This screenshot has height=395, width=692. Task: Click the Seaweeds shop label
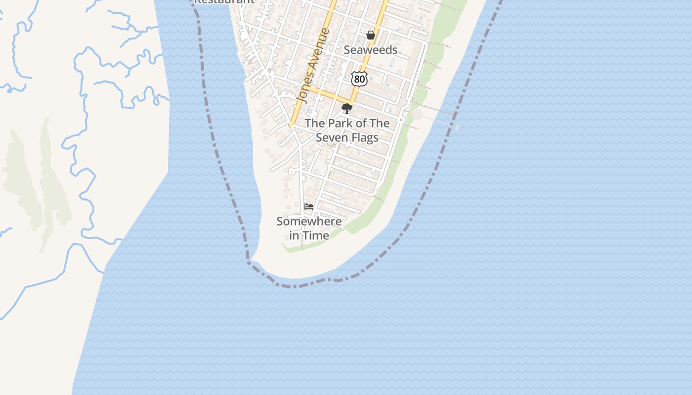pyautogui.click(x=370, y=50)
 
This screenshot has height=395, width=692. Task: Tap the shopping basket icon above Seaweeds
pyautogui.click(x=370, y=35)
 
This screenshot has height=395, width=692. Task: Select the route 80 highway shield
pyautogui.click(x=359, y=79)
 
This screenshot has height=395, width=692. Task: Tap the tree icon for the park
pyautogui.click(x=347, y=109)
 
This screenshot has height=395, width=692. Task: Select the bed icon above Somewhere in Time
pyautogui.click(x=309, y=207)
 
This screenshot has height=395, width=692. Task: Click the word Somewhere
pyautogui.click(x=309, y=222)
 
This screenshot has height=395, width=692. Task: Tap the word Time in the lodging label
pyautogui.click(x=316, y=236)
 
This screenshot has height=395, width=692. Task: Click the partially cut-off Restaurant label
pyautogui.click(x=223, y=1)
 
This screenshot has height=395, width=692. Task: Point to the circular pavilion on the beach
pyautogui.click(x=418, y=115)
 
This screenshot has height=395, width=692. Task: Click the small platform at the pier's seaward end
pyautogui.click(x=457, y=127)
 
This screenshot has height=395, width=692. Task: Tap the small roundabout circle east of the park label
pyautogui.click(x=402, y=120)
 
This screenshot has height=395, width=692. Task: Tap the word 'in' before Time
pyautogui.click(x=294, y=236)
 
